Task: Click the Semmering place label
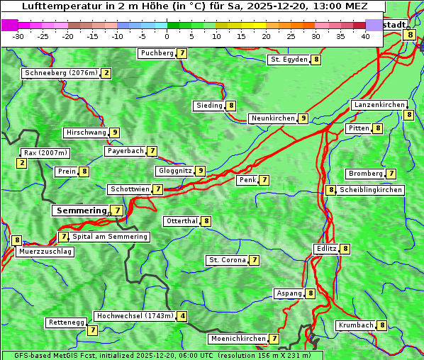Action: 80,210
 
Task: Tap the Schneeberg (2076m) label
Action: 60,73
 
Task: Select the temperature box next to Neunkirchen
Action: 303,118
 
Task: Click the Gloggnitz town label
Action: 174,171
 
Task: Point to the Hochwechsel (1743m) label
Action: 135,316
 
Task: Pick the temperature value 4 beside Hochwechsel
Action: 183,316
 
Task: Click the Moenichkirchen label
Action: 238,339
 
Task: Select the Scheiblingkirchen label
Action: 371,190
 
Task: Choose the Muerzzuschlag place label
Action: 45,252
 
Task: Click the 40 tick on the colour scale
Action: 365,35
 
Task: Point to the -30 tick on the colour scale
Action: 18,35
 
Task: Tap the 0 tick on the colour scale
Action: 167,35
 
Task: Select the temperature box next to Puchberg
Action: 182,53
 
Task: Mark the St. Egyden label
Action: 289,60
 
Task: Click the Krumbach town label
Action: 355,325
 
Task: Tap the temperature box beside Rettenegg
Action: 92,330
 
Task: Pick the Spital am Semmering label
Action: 110,237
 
